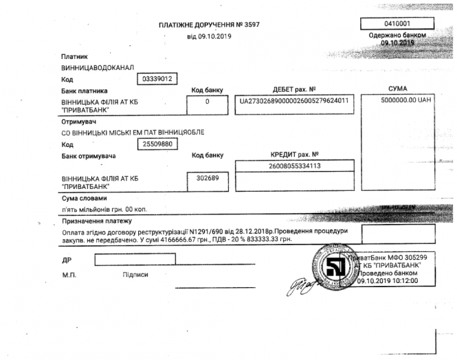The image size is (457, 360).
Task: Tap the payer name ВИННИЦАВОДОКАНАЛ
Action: point(97,67)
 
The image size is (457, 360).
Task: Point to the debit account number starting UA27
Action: point(293,102)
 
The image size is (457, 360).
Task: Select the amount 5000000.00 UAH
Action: point(404,101)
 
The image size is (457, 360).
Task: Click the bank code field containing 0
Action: point(206,102)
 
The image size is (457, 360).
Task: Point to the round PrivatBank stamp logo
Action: point(335,267)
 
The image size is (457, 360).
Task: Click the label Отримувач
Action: point(78,122)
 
